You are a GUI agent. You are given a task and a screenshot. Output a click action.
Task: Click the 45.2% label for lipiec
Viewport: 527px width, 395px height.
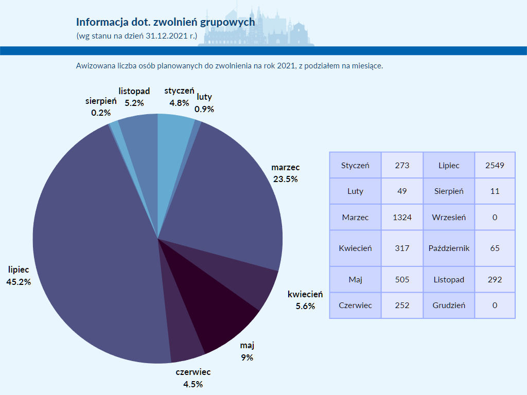19,282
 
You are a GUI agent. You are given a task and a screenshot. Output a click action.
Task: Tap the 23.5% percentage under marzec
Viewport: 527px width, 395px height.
285,179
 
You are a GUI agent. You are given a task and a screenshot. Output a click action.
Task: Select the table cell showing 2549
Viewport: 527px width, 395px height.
495,166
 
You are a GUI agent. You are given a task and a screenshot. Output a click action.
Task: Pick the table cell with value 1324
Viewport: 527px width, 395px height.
402,217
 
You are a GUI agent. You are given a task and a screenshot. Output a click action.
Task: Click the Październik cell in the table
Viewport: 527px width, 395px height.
449,248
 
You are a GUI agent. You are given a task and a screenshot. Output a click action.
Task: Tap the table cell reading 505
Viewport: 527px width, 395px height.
402,280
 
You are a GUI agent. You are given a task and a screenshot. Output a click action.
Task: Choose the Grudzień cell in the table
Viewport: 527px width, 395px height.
449,305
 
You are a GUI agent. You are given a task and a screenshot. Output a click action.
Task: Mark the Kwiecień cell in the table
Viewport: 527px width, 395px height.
355,248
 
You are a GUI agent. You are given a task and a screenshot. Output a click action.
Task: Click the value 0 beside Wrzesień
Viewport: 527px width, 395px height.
495,217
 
